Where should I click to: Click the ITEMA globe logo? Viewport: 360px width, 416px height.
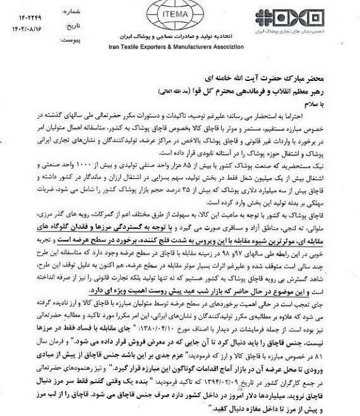[179, 14]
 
